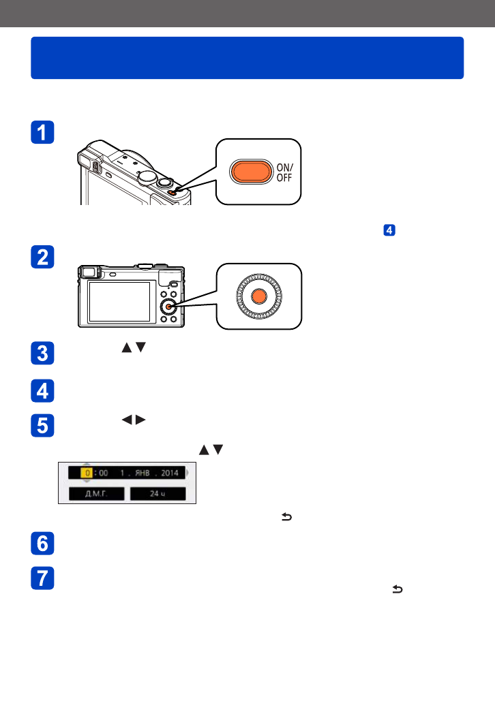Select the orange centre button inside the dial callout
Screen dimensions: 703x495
(x=258, y=296)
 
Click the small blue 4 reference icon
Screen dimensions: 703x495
(x=389, y=230)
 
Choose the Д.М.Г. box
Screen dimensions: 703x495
(x=96, y=493)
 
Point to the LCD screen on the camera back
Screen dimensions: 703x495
(x=119, y=301)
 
